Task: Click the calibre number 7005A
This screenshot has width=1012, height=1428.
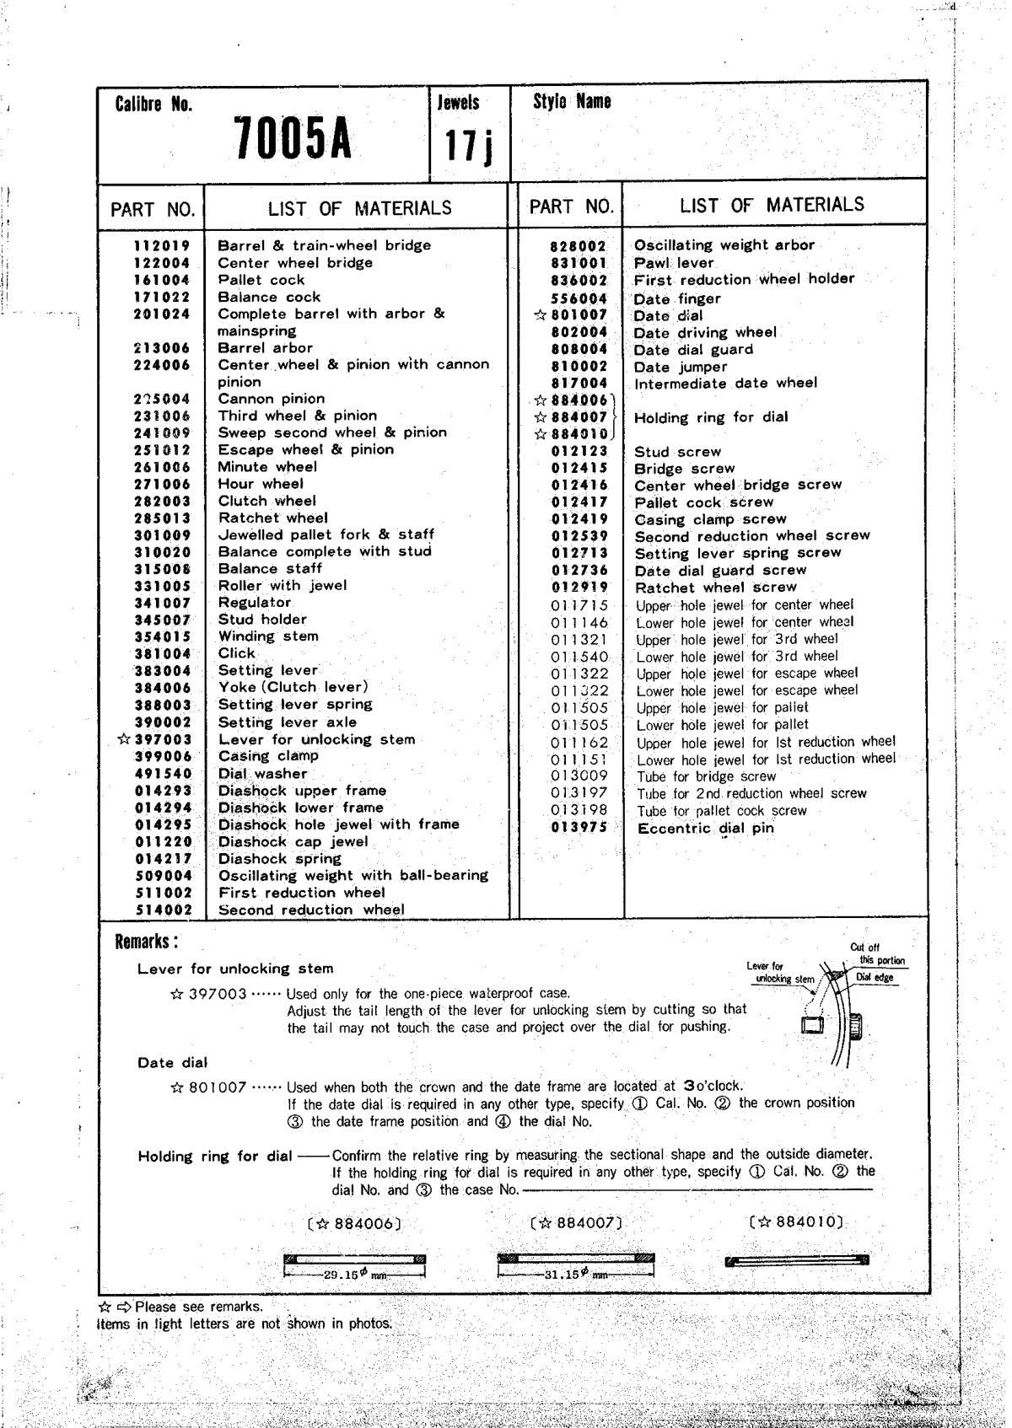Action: point(292,139)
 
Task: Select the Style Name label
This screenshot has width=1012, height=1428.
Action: point(572,102)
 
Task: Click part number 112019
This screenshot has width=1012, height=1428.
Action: point(162,245)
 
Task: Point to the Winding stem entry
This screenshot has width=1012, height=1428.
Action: point(268,636)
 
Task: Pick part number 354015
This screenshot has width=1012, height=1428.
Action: point(163,637)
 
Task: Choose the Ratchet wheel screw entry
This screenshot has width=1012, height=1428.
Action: point(715,588)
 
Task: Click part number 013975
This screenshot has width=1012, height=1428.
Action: point(579,828)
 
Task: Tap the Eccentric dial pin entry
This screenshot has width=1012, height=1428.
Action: point(705,828)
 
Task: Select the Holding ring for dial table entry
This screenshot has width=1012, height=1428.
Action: point(711,417)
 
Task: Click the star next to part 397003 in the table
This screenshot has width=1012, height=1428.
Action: point(124,739)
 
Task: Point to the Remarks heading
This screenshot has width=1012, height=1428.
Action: point(146,942)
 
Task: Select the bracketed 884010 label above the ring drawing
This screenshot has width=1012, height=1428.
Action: point(795,1221)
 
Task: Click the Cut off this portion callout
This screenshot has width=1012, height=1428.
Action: point(876,953)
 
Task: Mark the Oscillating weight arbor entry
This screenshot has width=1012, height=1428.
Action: point(724,245)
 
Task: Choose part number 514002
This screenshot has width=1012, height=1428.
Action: point(163,910)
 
